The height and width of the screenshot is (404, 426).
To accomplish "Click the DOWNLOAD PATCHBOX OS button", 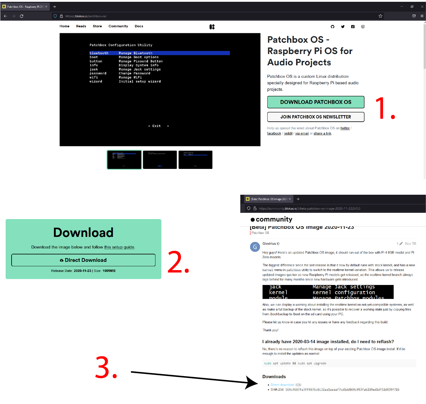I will (x=316, y=102).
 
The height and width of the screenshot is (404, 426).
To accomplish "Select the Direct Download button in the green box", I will (x=83, y=260).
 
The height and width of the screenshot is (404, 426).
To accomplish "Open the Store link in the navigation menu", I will (x=97, y=26).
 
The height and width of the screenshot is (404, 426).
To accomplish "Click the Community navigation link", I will (x=118, y=26).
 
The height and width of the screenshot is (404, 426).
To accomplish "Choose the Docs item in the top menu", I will (x=139, y=26).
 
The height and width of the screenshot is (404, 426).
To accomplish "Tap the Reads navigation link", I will (x=81, y=26).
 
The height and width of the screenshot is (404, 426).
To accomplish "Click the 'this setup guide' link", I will (x=119, y=247).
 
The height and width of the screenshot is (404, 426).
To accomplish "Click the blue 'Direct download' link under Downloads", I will (x=282, y=385).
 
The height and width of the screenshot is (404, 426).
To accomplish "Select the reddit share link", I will (x=288, y=133).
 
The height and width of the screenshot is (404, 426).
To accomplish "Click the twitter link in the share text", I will (x=345, y=128).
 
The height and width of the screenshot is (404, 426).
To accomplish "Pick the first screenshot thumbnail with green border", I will (x=124, y=160).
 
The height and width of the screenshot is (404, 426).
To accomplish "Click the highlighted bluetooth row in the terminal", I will (x=160, y=53).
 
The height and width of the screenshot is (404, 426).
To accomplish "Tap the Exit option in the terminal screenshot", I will (x=156, y=126).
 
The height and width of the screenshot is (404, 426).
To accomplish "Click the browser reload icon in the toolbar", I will (x=22, y=16).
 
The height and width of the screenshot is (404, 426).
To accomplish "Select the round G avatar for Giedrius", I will (x=255, y=247).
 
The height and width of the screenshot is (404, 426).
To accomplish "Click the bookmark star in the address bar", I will (x=380, y=16).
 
